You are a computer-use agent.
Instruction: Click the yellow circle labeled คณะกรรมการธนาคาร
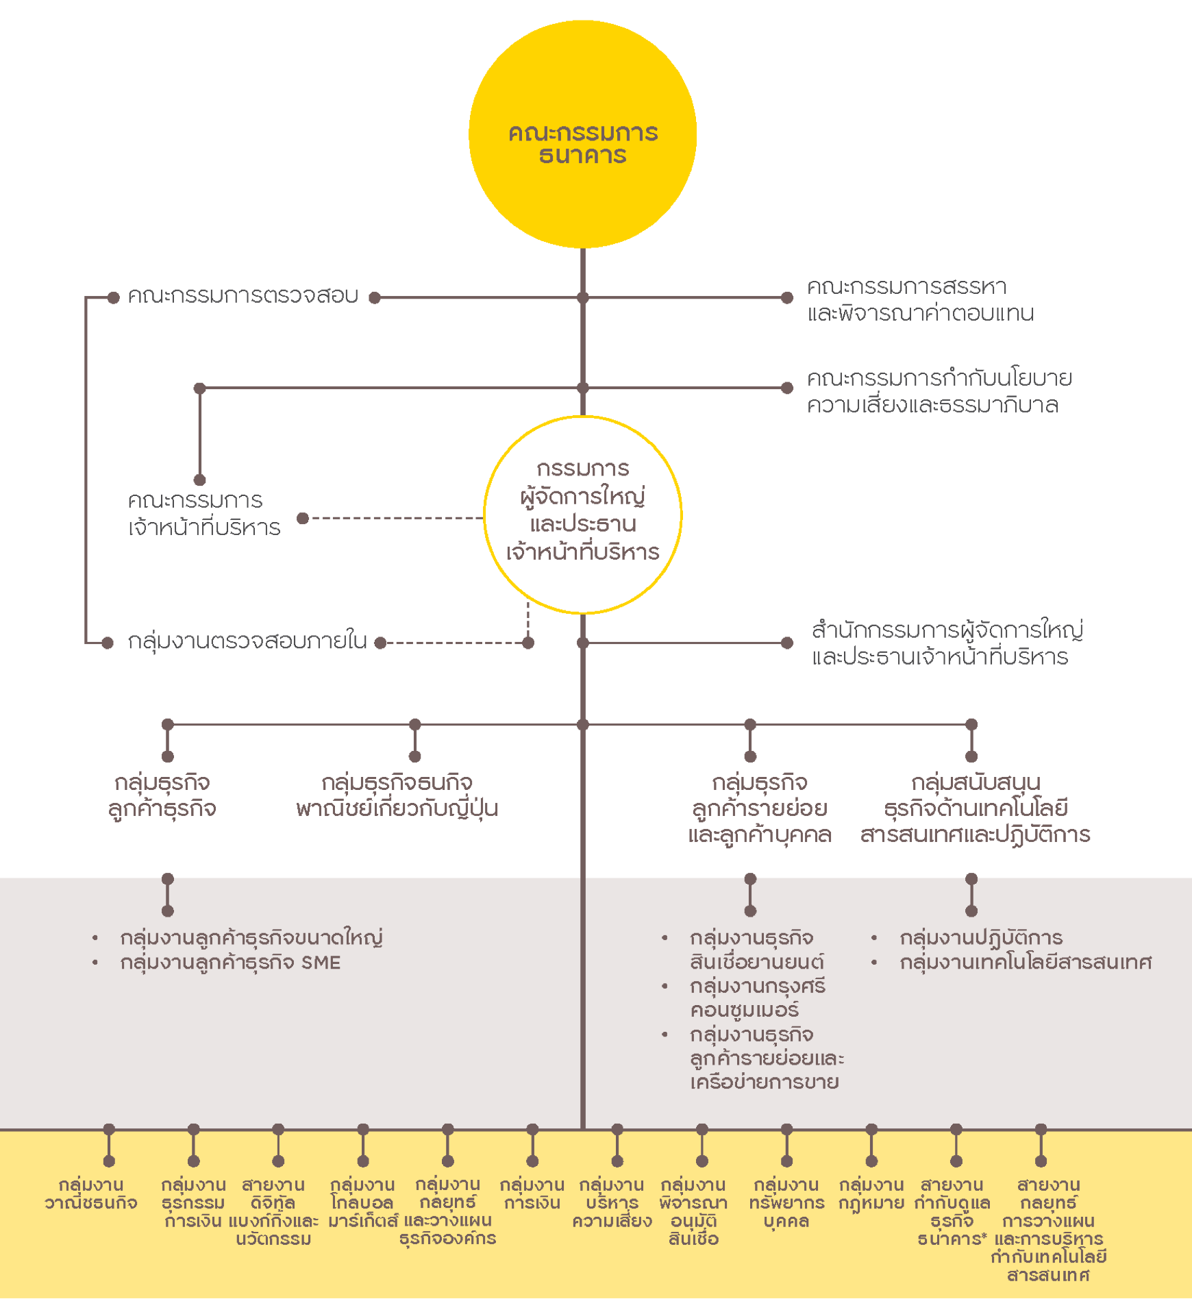coord(582,134)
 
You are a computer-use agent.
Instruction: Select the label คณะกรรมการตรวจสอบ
coord(243,296)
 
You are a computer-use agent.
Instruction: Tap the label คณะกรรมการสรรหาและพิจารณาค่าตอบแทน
coord(920,299)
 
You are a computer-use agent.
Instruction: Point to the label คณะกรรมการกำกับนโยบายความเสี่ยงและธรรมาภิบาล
coord(939,391)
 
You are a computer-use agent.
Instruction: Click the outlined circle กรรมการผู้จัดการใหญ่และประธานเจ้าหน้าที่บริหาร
coord(582,514)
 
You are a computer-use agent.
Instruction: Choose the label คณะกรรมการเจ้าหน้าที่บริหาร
coord(204,514)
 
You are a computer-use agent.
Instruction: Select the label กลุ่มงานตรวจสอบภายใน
coord(247,641)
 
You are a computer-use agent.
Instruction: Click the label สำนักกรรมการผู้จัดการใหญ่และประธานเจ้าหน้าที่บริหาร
coord(947,643)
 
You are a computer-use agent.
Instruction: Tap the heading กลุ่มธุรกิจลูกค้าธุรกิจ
coord(162,795)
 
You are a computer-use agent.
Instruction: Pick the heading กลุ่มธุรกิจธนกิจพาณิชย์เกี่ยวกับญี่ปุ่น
coord(397,795)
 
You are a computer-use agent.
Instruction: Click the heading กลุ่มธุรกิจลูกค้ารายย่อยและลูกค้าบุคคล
coord(760,808)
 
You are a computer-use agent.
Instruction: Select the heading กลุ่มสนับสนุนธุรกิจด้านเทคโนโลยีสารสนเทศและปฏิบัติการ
coord(975,808)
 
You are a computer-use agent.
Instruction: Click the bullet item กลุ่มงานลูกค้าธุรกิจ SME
coord(230,963)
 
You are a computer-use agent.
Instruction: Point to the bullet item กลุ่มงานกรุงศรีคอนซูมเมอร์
coord(757,998)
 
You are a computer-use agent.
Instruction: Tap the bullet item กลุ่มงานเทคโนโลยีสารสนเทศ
coord(1026,963)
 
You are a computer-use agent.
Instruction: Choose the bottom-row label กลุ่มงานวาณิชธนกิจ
coord(91,1193)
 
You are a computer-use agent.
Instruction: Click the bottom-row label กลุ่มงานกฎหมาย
coord(871,1193)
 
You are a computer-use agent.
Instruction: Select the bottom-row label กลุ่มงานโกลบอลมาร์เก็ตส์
coord(362,1202)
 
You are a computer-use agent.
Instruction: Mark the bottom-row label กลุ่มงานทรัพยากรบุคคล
coord(786,1202)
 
